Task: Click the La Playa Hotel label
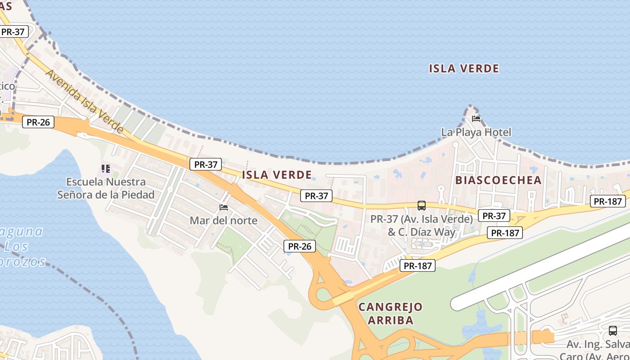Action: [x=476, y=132]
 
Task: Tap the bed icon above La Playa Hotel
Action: [x=476, y=119]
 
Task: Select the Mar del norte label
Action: [x=223, y=220]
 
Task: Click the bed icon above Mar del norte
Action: [x=223, y=207]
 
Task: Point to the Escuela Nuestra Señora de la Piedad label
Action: [x=106, y=188]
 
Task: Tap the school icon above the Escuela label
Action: [x=106, y=169]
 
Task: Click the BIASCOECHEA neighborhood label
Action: [x=498, y=180]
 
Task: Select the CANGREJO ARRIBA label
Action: [x=391, y=314]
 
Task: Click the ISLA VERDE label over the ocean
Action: [x=463, y=68]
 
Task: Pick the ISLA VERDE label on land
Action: [x=277, y=175]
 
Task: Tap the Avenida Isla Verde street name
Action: [x=84, y=101]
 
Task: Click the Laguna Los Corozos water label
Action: [x=22, y=247]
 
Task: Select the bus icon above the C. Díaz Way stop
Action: [x=421, y=206]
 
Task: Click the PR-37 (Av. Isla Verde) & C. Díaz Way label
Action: [x=422, y=225]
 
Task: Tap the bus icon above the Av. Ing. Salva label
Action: [x=612, y=331]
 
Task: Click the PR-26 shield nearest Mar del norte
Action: [x=299, y=246]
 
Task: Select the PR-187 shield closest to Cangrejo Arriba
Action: [x=418, y=265]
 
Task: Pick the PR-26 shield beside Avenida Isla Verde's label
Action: [x=38, y=122]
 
